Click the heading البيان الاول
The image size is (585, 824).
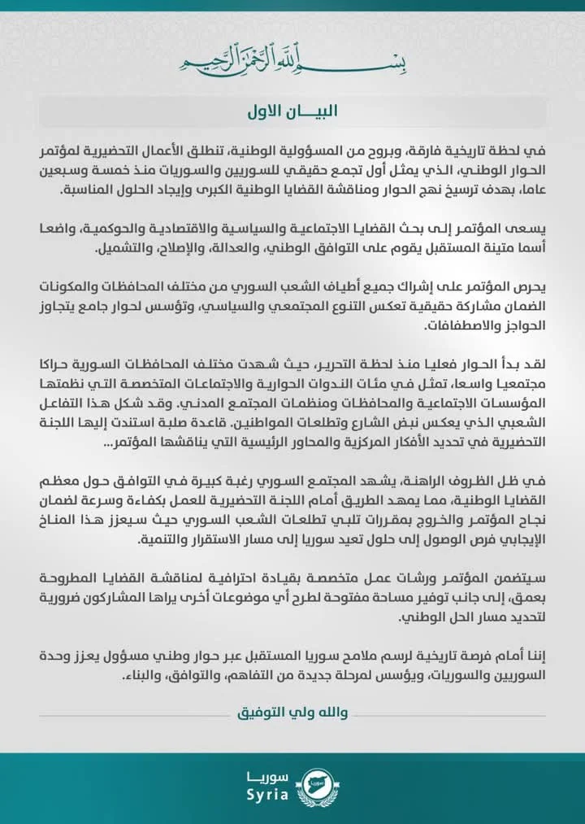(x=292, y=109)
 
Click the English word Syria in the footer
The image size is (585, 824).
(x=267, y=794)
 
